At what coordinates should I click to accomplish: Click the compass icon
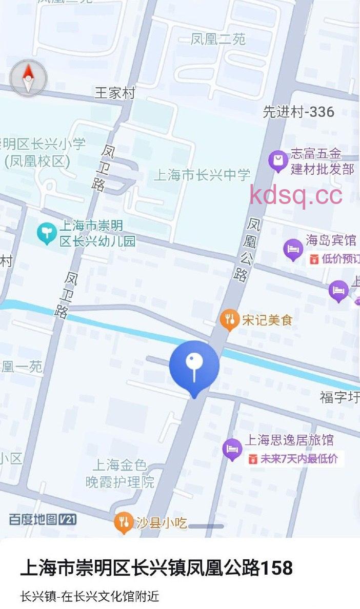coord(28,78)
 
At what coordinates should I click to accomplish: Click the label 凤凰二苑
coord(218,39)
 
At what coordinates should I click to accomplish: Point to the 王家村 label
coord(115,93)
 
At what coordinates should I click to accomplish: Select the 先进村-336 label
coord(298,112)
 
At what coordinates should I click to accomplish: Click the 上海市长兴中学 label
coord(202,175)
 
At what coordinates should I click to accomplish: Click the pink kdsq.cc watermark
coord(296,195)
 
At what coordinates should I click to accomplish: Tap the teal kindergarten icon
coord(47,233)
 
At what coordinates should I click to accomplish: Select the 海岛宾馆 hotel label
coord(331,240)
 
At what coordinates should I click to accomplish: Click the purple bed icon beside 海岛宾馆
coord(293,250)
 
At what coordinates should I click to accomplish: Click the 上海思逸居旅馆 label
coord(289,440)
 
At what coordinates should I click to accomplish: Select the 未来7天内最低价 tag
coord(294,459)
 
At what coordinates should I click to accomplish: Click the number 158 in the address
coord(277,568)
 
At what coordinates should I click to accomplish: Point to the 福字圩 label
coord(339,397)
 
